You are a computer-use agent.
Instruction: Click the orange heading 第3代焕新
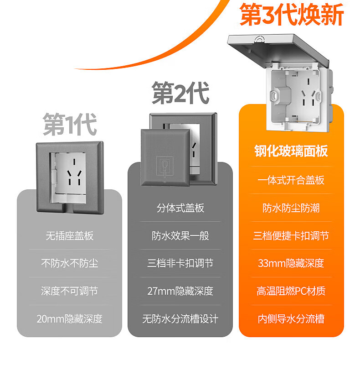point(292,15)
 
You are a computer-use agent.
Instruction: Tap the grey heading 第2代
point(180,93)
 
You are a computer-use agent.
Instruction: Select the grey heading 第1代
point(70,125)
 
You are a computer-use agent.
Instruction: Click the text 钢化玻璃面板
point(291,151)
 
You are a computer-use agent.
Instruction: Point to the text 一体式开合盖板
point(291,180)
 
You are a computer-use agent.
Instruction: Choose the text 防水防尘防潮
point(291,208)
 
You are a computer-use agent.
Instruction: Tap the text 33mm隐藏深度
point(291,263)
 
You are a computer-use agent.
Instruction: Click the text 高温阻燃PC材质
point(291,291)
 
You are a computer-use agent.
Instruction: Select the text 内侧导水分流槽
point(291,318)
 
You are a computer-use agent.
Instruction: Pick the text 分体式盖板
point(180,208)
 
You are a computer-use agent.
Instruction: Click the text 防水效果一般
point(180,236)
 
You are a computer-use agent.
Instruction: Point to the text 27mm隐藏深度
point(180,291)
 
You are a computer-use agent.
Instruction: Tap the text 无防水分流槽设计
point(180,318)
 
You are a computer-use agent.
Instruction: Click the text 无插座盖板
point(70,236)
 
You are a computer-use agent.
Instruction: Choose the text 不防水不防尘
point(70,263)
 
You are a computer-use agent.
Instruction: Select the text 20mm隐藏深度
point(70,318)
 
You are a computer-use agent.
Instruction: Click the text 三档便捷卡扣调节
point(291,236)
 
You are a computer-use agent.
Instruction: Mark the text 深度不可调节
point(70,291)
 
